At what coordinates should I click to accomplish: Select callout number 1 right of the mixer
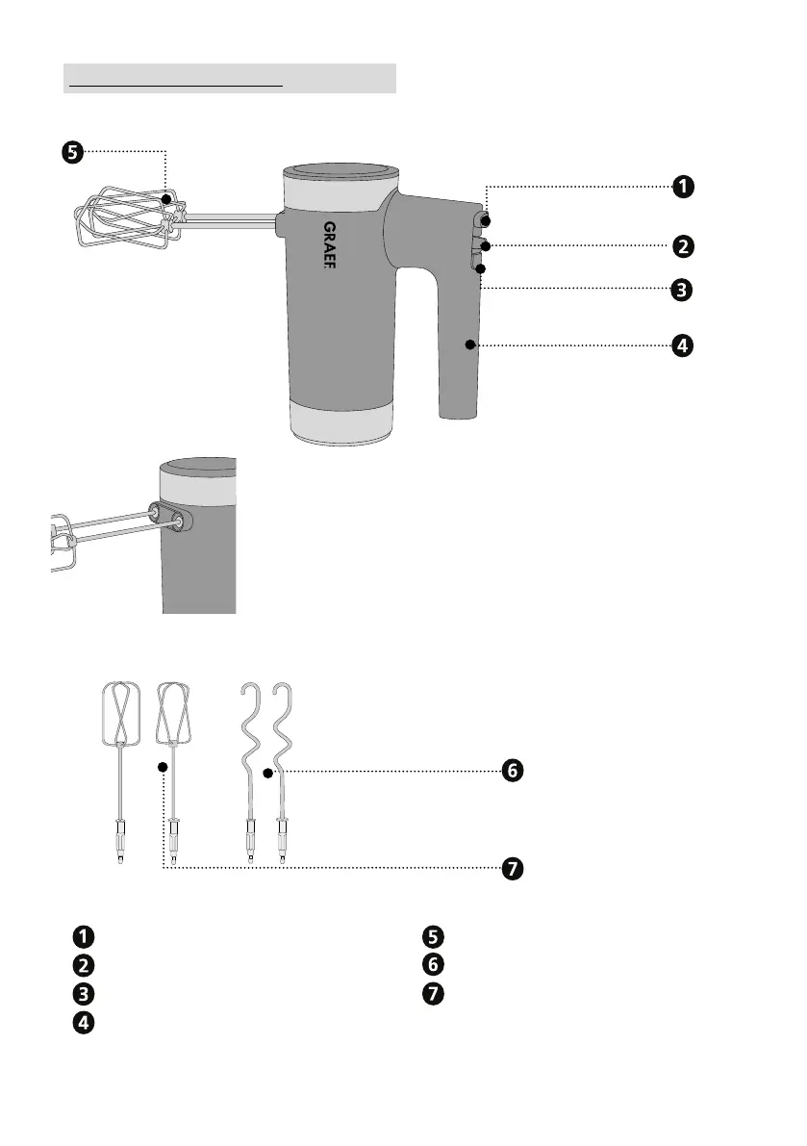(681, 187)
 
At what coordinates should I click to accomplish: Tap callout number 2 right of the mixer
(681, 246)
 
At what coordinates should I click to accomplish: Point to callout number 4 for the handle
(681, 345)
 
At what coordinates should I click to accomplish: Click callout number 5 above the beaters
(73, 151)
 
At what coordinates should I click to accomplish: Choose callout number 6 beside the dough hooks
(514, 771)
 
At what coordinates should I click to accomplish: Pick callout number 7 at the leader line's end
(514, 869)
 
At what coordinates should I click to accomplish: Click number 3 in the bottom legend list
(86, 992)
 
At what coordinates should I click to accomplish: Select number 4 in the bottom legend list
(86, 1022)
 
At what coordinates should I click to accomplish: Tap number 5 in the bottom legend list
(432, 935)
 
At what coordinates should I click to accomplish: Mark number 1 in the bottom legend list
(86, 935)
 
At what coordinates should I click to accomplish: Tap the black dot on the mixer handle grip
(470, 344)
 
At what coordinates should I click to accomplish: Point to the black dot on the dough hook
(268, 771)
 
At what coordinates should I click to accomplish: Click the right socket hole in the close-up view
(180, 520)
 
